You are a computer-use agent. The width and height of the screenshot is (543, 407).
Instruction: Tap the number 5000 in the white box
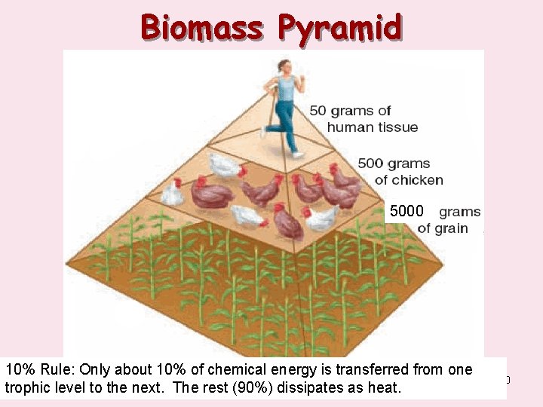click(x=407, y=212)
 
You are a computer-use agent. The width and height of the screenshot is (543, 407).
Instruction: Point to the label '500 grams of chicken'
click(x=400, y=171)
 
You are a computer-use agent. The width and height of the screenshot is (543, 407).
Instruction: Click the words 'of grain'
click(x=443, y=228)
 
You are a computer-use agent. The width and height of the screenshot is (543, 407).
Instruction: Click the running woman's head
click(x=284, y=66)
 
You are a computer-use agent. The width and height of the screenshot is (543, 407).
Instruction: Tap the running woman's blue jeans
click(x=285, y=121)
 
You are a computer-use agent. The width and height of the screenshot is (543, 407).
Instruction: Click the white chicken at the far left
click(x=173, y=194)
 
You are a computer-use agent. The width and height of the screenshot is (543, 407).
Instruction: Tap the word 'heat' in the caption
click(x=386, y=389)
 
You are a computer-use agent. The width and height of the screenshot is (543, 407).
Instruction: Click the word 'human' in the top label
click(x=350, y=127)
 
